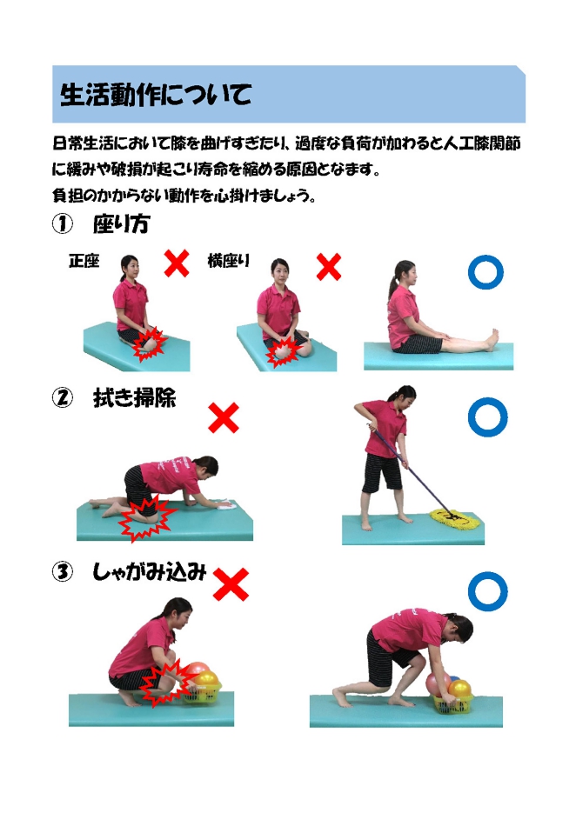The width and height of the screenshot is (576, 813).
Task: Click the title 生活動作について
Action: click(156, 95)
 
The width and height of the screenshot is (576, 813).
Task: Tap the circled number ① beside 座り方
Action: click(63, 224)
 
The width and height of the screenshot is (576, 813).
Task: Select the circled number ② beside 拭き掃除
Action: click(63, 397)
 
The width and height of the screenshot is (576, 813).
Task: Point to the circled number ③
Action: click(63, 572)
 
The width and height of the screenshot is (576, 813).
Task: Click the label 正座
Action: click(84, 260)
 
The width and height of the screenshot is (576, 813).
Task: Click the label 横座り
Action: click(228, 260)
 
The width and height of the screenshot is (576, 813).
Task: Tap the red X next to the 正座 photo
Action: click(177, 263)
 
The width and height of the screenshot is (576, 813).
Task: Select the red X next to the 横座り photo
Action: click(329, 267)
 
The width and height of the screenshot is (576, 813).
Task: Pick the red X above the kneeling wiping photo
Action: click(224, 417)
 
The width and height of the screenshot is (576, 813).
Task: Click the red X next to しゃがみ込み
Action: click(231, 584)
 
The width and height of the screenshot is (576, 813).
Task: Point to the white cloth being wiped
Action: click(225, 504)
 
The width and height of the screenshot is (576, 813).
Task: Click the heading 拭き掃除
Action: click(134, 397)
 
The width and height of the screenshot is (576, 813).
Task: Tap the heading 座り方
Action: click(122, 224)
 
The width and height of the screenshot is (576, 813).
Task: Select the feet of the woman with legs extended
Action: click(491, 340)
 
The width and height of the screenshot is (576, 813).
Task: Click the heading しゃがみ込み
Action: click(150, 572)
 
